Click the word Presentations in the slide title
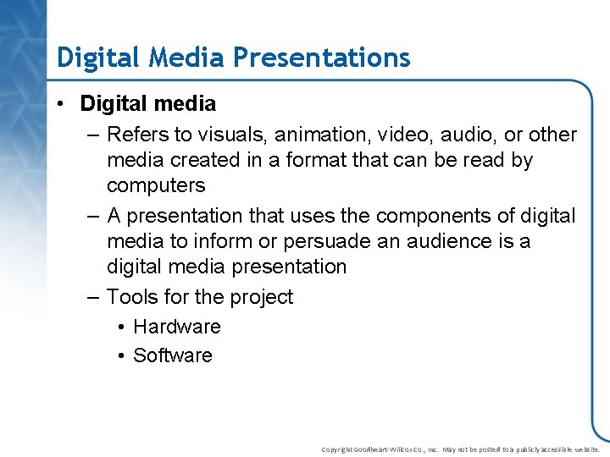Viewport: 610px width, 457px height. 322,58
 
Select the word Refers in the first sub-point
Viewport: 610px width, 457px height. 136,135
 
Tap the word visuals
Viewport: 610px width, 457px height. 223,135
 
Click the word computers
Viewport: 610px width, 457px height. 156,185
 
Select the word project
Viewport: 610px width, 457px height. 259,297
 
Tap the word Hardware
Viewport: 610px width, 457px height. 177,327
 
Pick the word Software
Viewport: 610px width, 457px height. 173,355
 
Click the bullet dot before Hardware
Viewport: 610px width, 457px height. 122,328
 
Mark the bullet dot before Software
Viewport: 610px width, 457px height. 122,356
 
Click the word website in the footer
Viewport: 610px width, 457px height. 585,449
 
